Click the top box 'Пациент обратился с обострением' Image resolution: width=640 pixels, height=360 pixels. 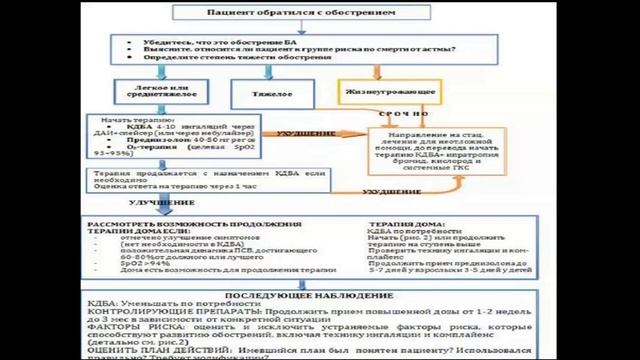pos(319,15)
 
